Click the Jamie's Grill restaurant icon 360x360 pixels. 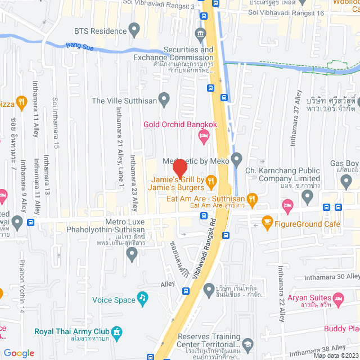click(211, 181)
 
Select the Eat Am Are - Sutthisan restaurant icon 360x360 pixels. click(253, 198)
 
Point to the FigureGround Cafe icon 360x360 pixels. click(267, 224)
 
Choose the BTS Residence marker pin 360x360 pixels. click(134, 28)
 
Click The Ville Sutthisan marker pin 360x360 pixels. click(164, 101)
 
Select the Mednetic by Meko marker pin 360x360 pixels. click(236, 160)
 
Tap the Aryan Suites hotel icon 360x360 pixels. click(337, 297)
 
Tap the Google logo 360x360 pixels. click(19, 353)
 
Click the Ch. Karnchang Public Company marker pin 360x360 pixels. click(307, 196)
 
